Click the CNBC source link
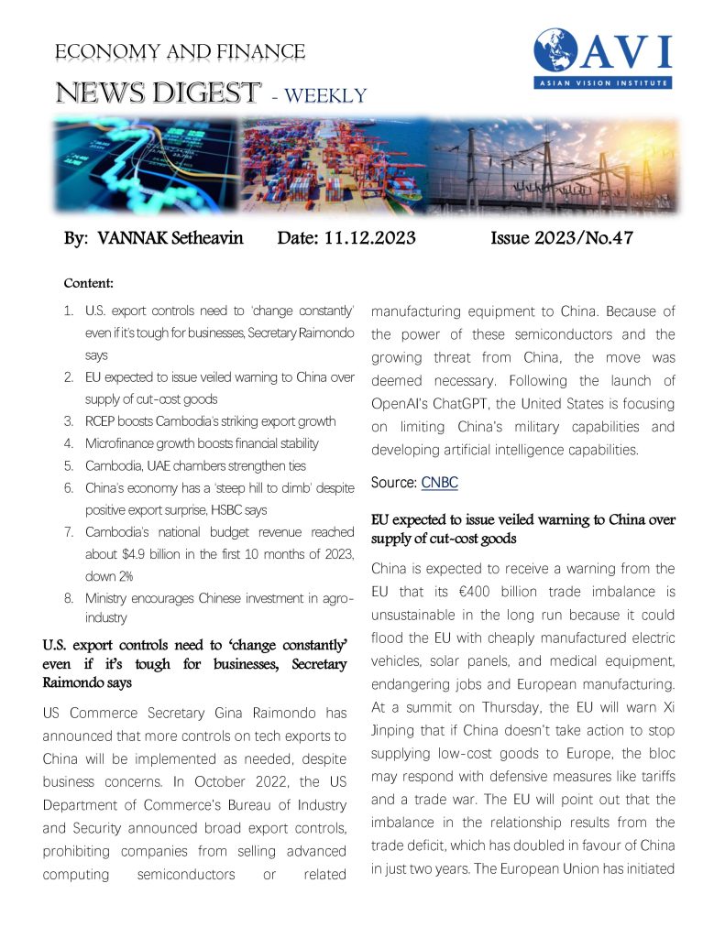[x=440, y=483]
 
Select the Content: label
[x=88, y=284]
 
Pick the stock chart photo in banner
[x=145, y=166]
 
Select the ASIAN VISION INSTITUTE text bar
[x=602, y=82]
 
